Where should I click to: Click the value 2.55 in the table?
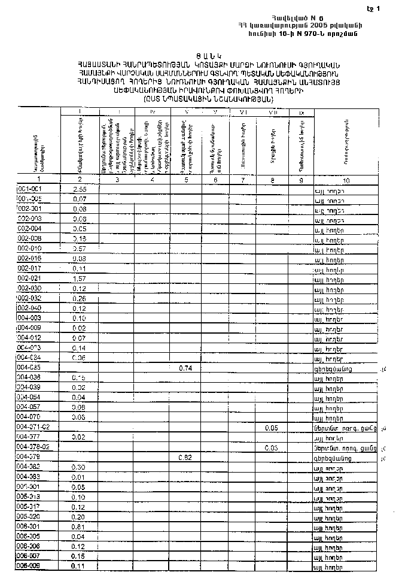80,189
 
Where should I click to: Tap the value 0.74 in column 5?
185,367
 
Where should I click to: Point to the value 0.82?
185,457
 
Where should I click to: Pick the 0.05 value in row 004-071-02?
272,427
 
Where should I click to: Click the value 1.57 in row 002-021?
80,279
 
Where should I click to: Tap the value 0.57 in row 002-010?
80,248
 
